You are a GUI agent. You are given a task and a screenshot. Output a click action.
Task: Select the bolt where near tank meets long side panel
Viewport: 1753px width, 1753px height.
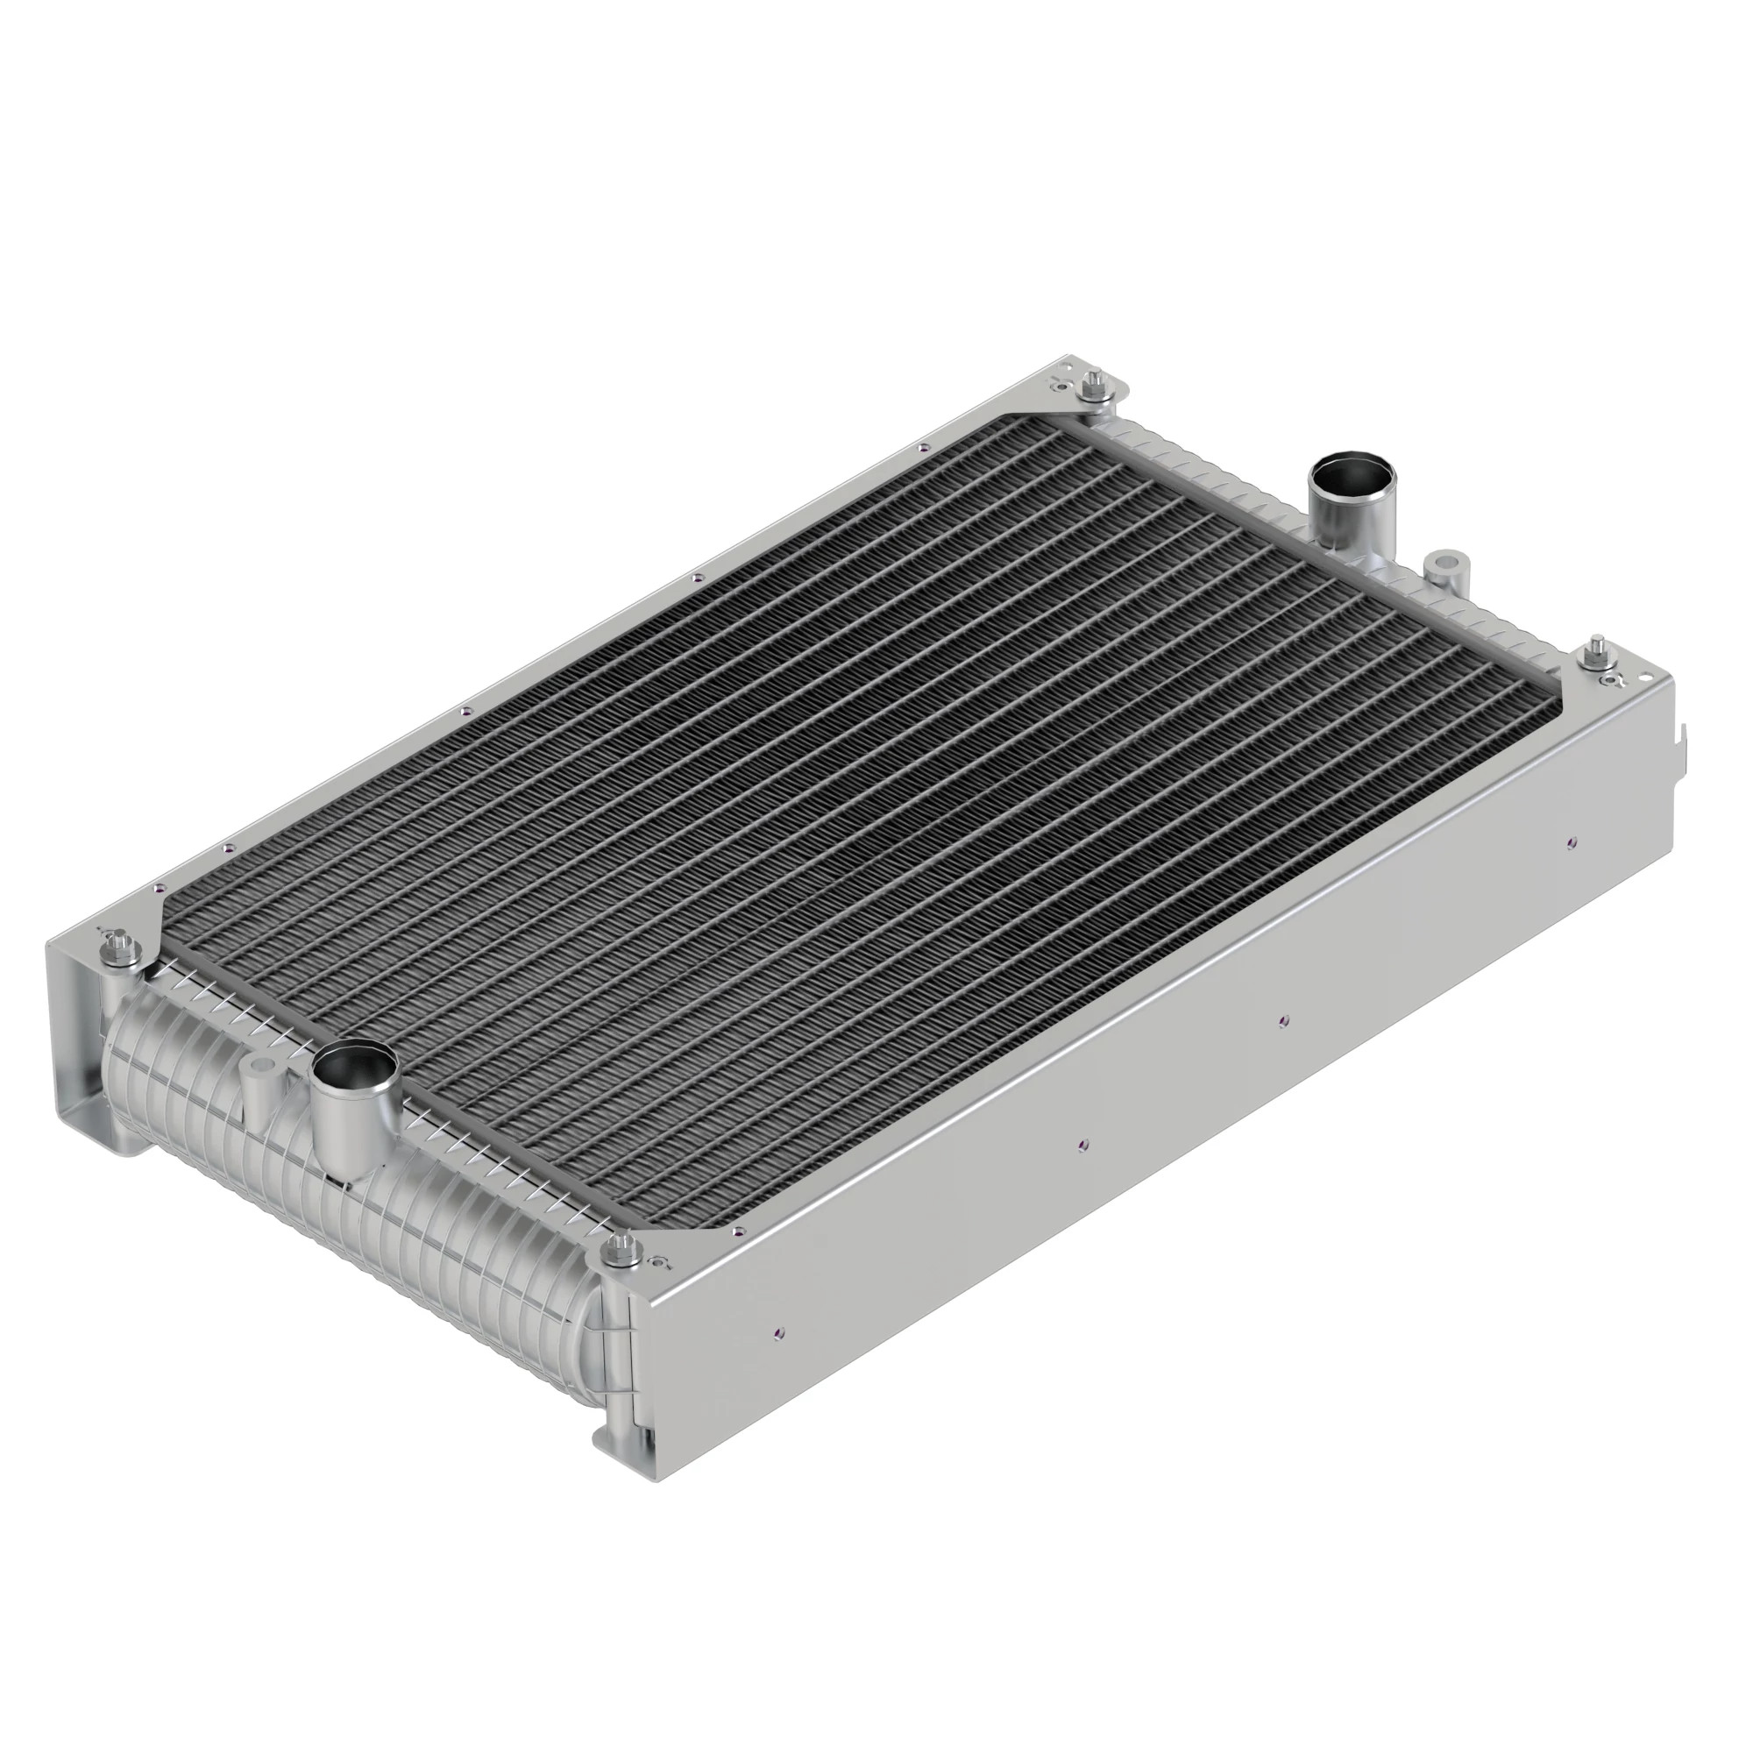[x=622, y=1251]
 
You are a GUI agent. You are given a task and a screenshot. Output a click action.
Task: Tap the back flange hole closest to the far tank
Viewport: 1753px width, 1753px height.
[x=923, y=446]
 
